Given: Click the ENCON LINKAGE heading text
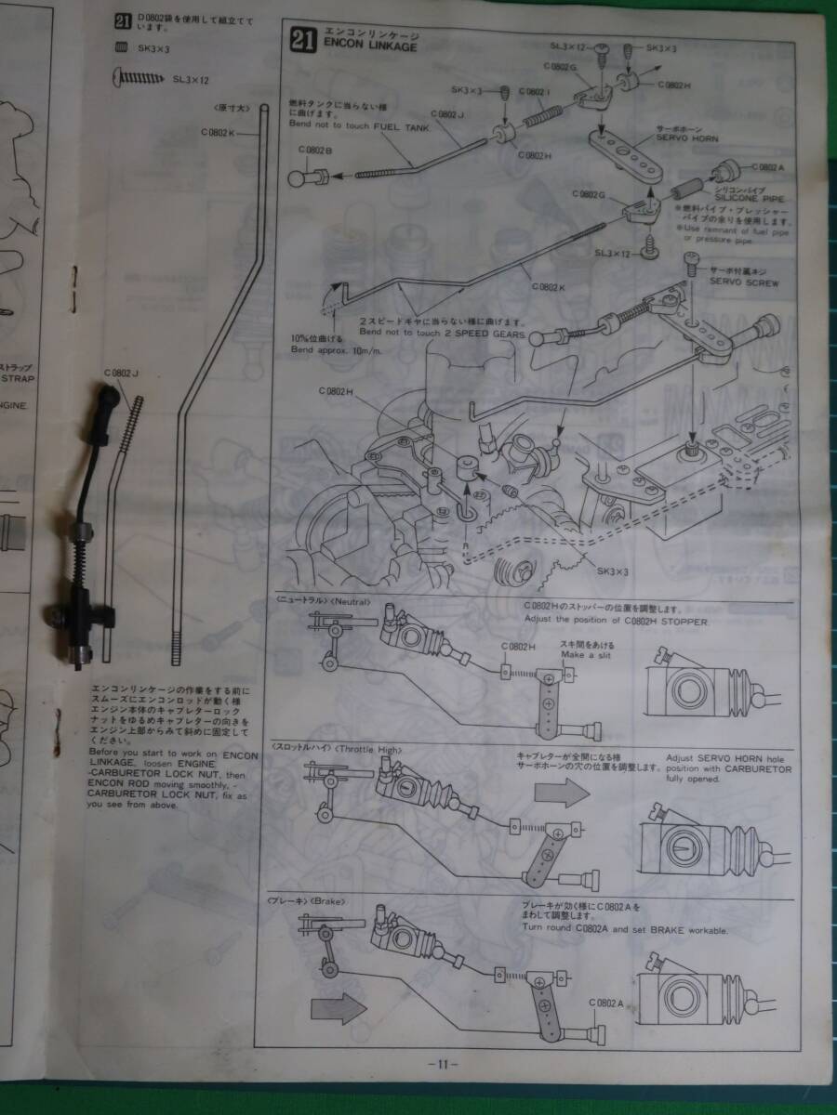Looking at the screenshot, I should click(x=369, y=46).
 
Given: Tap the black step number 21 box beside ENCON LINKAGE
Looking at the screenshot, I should click(x=300, y=39).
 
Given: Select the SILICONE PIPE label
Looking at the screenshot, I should click(x=740, y=200).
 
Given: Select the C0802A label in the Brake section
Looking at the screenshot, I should click(x=606, y=1002).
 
